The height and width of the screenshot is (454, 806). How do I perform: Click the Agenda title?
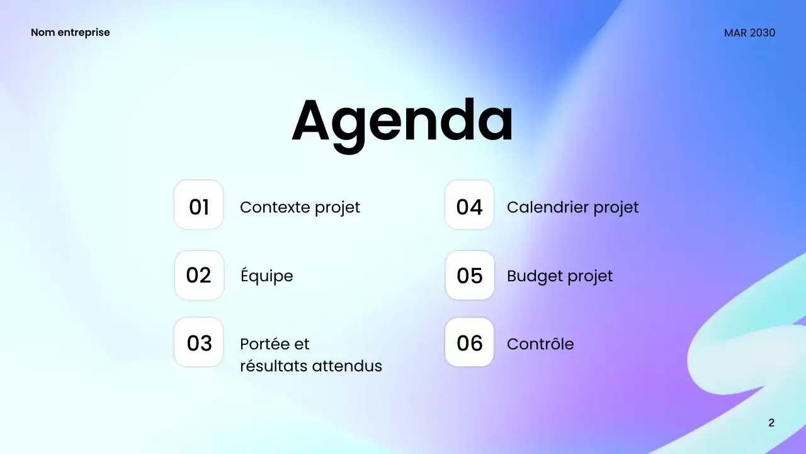pyautogui.click(x=402, y=122)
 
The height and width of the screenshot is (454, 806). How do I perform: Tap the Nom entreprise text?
pyautogui.click(x=70, y=32)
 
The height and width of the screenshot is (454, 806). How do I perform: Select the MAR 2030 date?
pyautogui.click(x=749, y=33)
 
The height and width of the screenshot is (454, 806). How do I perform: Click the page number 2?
pyautogui.click(x=771, y=422)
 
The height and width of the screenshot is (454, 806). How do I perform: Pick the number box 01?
pyautogui.click(x=199, y=205)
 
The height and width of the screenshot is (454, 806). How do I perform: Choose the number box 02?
pyautogui.click(x=199, y=276)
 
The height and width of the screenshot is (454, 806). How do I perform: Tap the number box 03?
pyautogui.click(x=199, y=342)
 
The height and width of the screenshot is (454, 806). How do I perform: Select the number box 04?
pyautogui.click(x=470, y=205)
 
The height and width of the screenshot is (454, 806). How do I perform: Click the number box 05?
pyautogui.click(x=470, y=276)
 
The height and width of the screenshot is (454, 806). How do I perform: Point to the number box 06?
pyautogui.click(x=470, y=342)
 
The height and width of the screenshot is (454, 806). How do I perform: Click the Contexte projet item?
pyautogui.click(x=300, y=207)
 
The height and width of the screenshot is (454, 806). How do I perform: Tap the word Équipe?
pyautogui.click(x=266, y=276)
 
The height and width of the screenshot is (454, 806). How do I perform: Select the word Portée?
pyautogui.click(x=264, y=344)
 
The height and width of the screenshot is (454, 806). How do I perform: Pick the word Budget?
pyautogui.click(x=532, y=276)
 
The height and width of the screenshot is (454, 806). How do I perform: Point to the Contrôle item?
pyautogui.click(x=540, y=344)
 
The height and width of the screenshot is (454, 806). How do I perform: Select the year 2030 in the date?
pyautogui.click(x=762, y=33)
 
